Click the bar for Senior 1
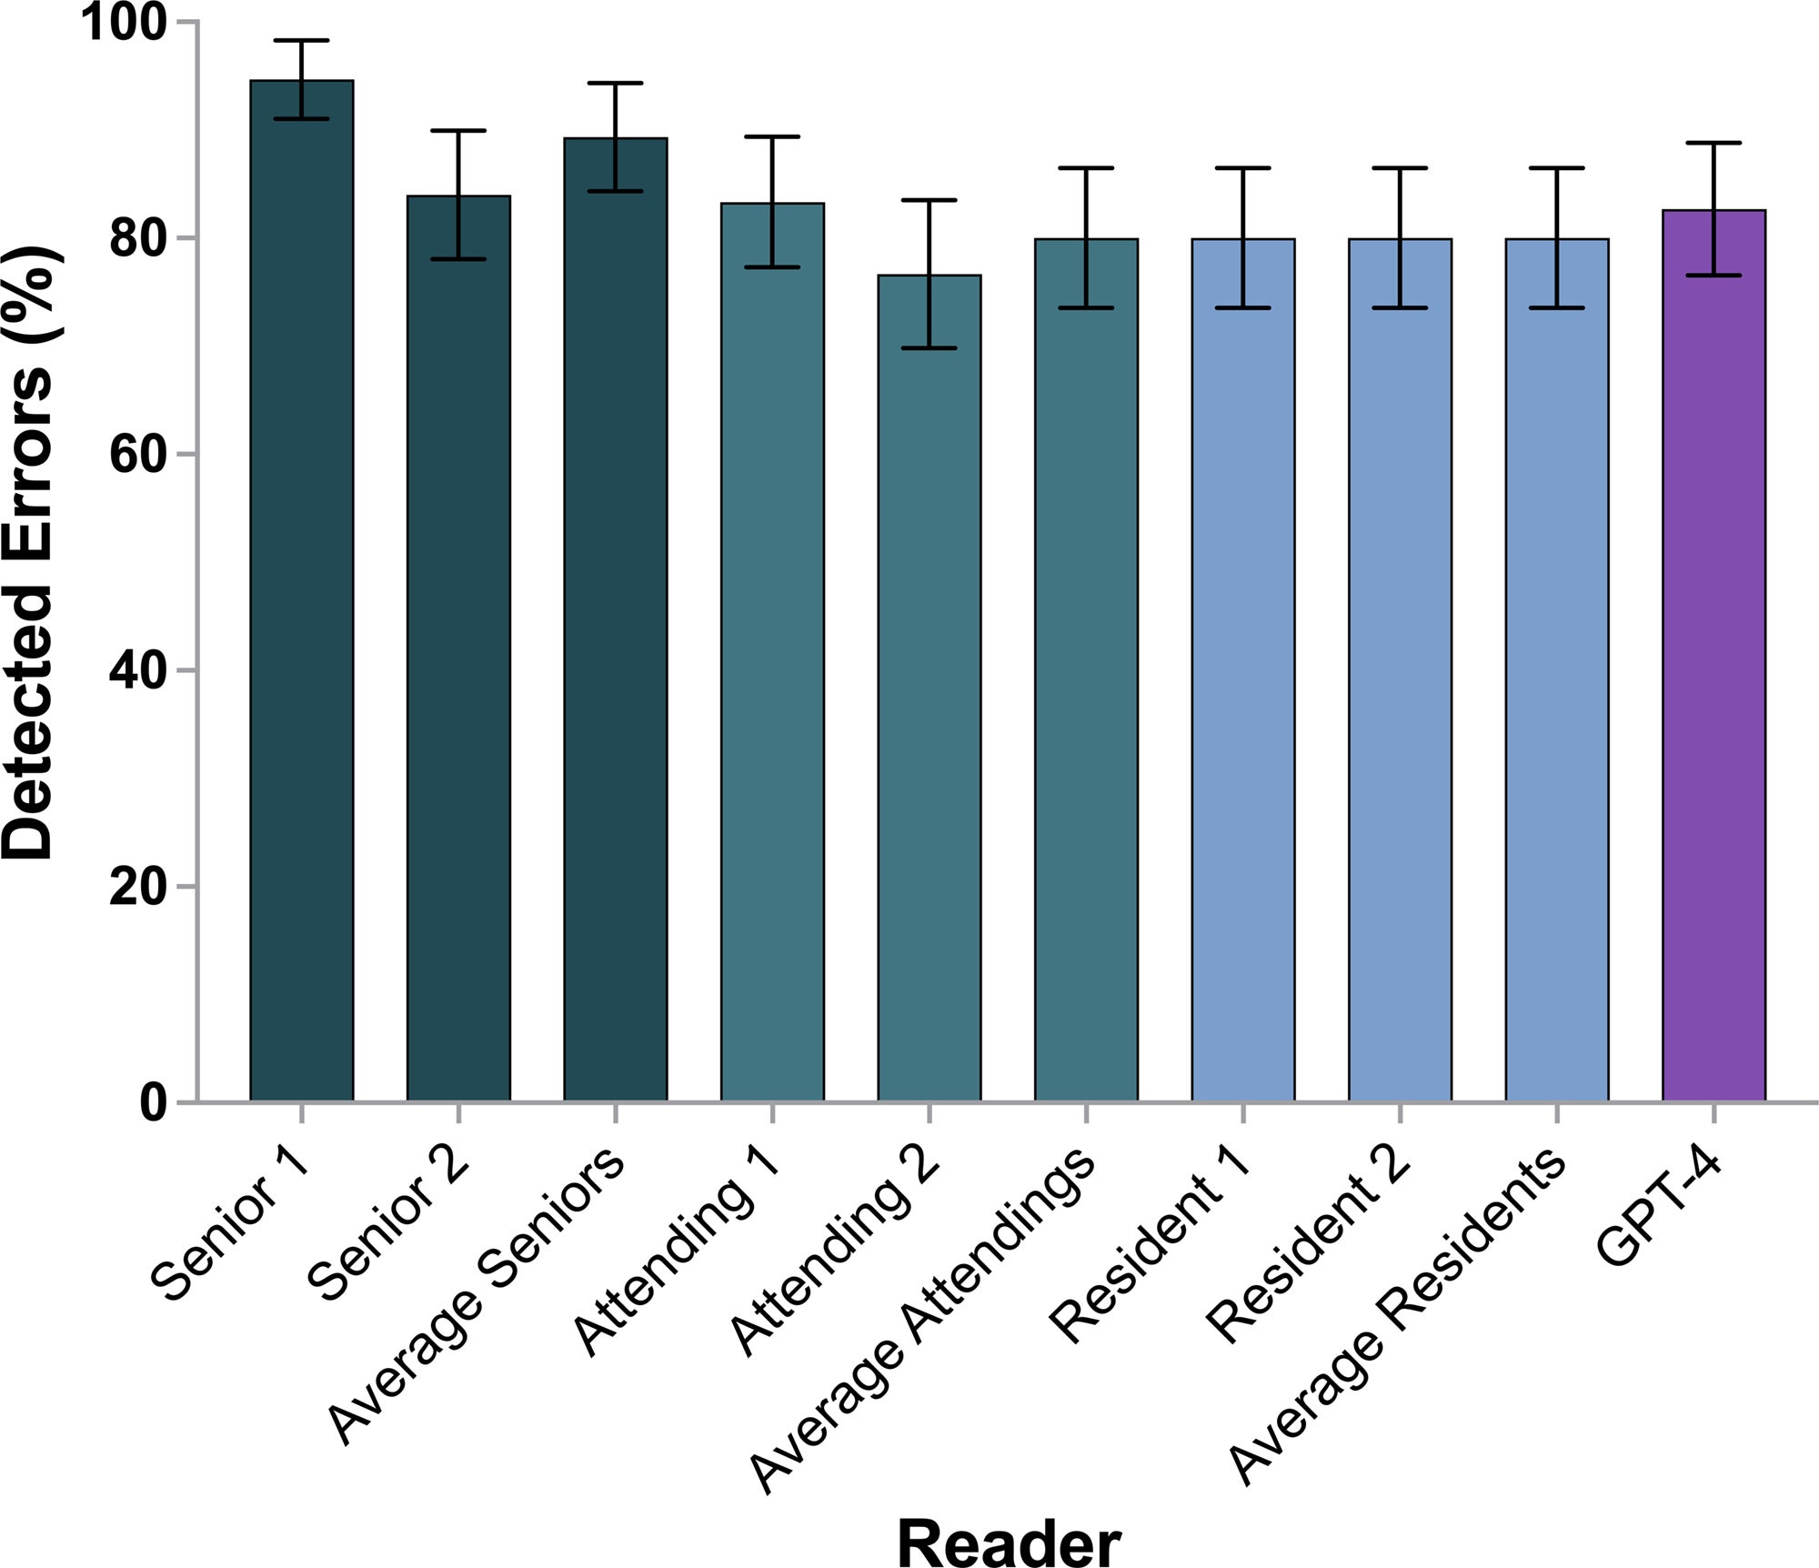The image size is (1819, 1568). tap(302, 591)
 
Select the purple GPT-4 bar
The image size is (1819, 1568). tap(1713, 655)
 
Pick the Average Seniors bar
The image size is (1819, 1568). tap(616, 619)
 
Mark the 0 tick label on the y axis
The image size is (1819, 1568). tap(152, 1102)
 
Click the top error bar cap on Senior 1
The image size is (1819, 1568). tap(302, 41)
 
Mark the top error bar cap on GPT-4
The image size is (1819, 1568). tap(1713, 143)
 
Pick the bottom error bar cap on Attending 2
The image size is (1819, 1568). tap(930, 348)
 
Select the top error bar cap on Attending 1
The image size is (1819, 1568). tap(772, 136)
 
